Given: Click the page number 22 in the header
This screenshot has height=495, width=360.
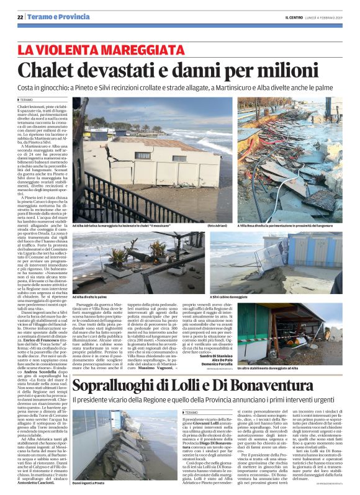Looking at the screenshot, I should pyautogui.click(x=20, y=16).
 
